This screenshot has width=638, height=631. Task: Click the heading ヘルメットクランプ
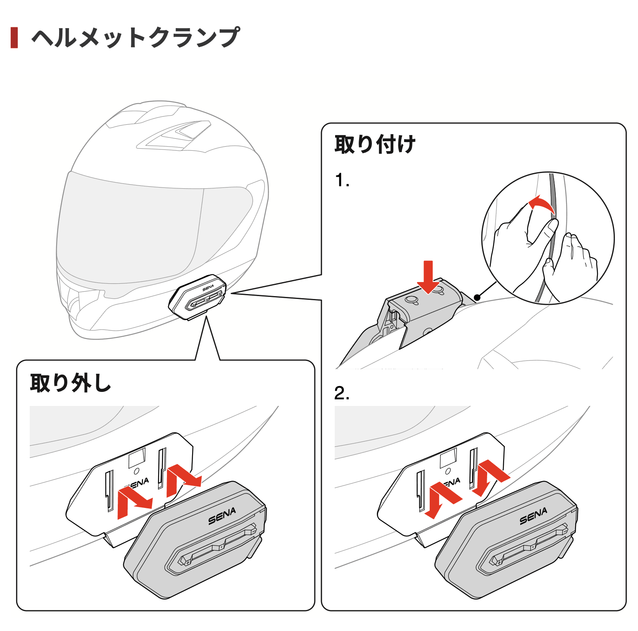136,38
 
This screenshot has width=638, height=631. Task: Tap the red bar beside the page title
14,38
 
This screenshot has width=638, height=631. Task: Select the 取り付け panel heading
375,144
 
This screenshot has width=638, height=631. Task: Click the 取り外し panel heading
71,383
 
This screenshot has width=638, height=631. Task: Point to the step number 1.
342,180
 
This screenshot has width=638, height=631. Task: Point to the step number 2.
342,393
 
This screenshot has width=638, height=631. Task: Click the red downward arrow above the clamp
428,277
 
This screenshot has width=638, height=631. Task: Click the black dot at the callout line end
477,297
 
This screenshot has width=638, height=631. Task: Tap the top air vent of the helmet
178,134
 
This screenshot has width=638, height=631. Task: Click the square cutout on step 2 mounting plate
448,458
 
